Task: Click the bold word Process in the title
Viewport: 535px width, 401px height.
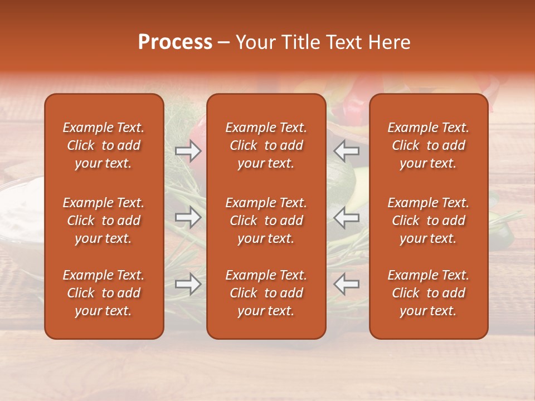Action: (175, 42)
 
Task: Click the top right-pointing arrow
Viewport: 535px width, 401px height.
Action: (188, 150)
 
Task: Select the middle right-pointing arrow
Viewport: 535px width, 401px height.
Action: (188, 217)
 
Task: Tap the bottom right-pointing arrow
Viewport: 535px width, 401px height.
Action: (188, 284)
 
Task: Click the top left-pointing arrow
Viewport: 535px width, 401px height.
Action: (347, 150)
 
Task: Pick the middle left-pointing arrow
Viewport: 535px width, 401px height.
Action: (347, 217)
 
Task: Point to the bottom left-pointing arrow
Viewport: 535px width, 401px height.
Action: (347, 284)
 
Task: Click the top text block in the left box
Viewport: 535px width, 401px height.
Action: (104, 145)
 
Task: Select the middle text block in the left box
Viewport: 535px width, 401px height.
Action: (104, 221)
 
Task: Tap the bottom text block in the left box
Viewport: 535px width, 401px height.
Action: (104, 293)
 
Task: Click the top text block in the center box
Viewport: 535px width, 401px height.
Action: (266, 145)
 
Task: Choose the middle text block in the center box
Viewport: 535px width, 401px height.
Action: (266, 221)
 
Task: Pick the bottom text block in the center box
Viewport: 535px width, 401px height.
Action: (266, 293)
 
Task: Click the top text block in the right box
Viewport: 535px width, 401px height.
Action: (428, 145)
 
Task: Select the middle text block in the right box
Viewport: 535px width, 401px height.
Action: (428, 221)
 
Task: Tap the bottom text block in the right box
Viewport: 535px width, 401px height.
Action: (428, 293)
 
